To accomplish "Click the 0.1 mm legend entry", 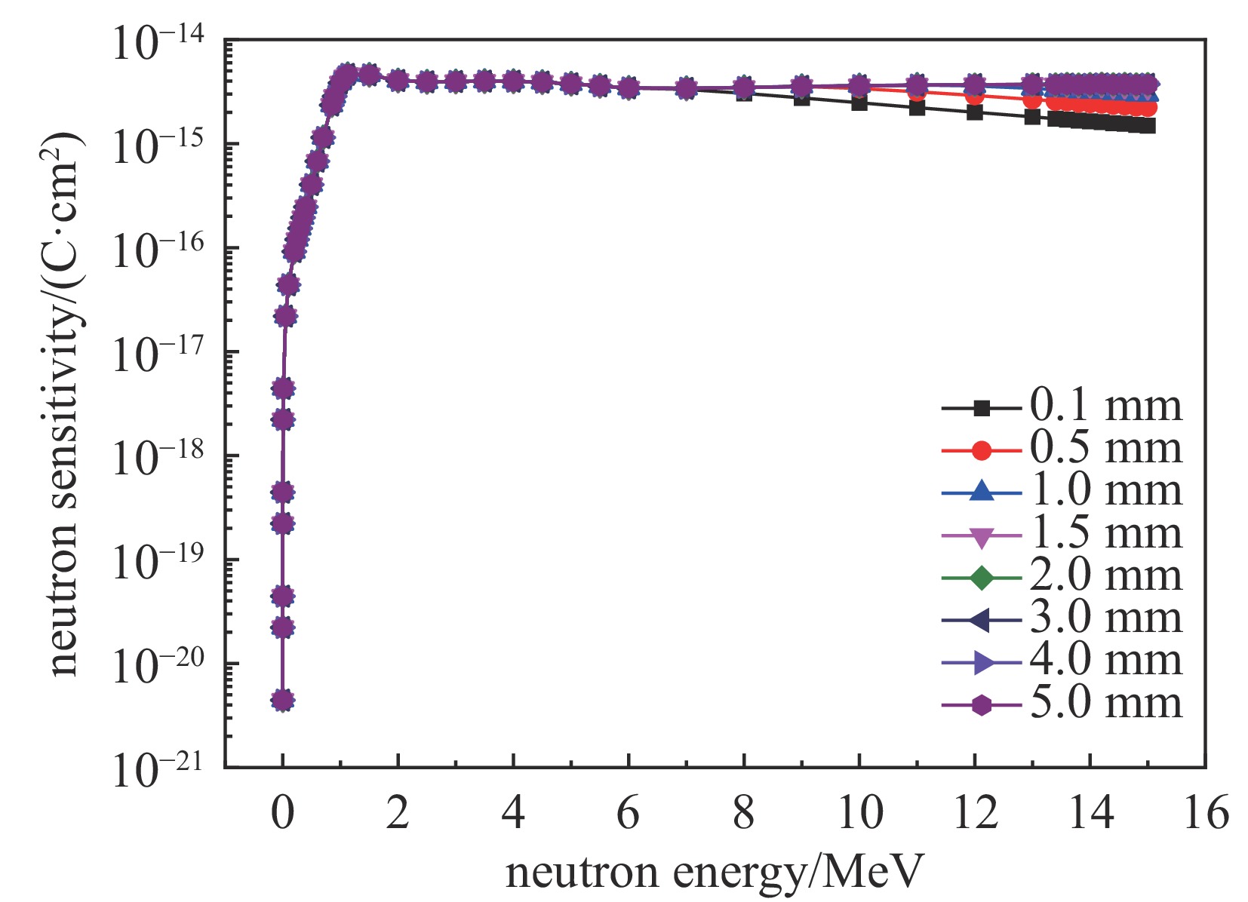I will coord(1105,407).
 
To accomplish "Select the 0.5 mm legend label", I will coord(1105,449).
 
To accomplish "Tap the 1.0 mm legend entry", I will coord(1105,492).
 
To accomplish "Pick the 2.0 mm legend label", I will coord(1105,577).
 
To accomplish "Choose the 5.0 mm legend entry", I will coord(1105,704).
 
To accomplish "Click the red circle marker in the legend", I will coord(981,450).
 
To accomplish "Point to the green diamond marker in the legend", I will coord(981,578).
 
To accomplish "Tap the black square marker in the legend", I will coord(981,408).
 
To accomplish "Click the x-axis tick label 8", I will coord(744,814).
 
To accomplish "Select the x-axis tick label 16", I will coord(1206,814).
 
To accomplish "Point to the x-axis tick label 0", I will coord(283,814).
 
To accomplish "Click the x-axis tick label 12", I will coord(975,814).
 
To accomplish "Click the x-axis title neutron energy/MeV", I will coord(714,873).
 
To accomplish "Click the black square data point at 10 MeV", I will coord(859,103).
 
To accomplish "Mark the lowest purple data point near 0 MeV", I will coord(283,701).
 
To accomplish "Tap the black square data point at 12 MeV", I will coord(975,112).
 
